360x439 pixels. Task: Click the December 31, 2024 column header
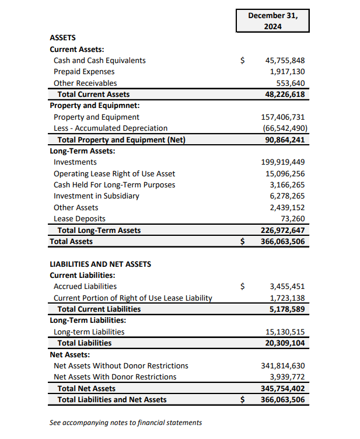(272, 21)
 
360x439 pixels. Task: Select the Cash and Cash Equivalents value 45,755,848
(285, 60)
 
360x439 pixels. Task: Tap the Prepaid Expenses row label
(84, 71)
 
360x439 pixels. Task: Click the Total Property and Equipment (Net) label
(125, 140)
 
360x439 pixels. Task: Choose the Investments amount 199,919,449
(282, 162)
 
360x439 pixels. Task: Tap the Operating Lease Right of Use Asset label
(114, 173)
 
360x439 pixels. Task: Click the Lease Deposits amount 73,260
(293, 218)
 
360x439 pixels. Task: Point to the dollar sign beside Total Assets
(243, 241)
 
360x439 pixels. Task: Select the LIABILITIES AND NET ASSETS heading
(100, 264)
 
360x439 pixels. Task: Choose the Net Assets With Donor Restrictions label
(115, 377)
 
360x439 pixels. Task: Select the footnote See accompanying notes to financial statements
(126, 422)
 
